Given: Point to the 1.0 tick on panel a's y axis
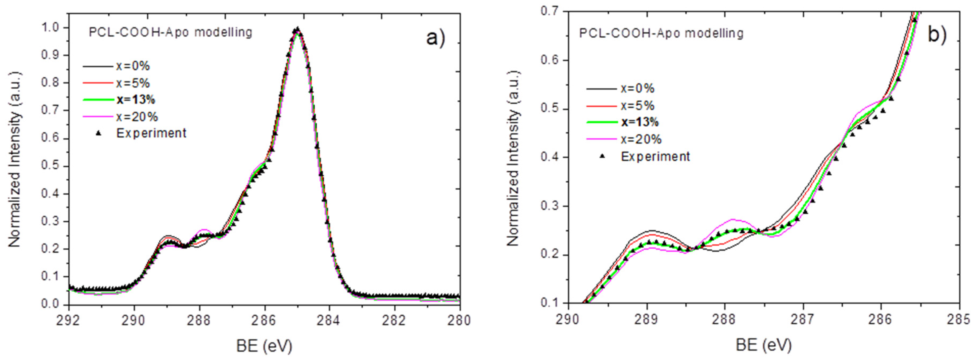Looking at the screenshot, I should (51, 28).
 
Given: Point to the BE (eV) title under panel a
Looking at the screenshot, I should (264, 345).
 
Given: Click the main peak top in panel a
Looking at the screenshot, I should (297, 29).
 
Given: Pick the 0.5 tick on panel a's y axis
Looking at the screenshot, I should (51, 166).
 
